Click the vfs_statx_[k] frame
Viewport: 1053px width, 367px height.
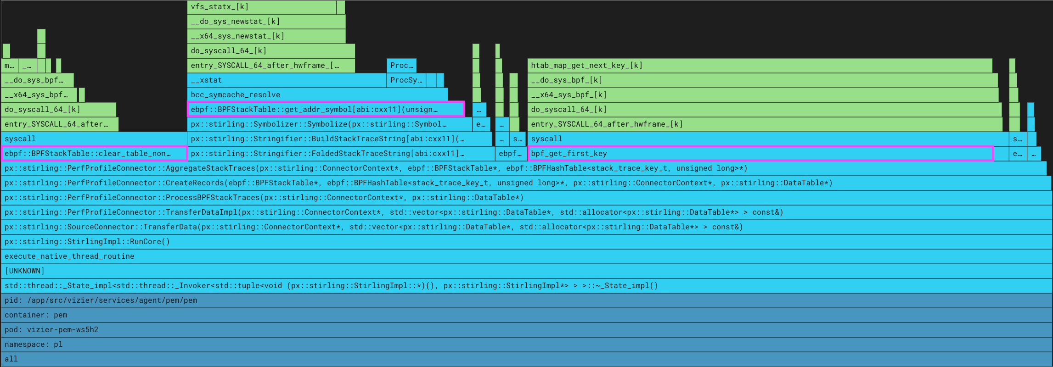pos(262,7)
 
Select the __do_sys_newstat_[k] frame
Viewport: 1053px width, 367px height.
pos(266,22)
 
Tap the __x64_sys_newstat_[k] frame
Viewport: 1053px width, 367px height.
pos(266,36)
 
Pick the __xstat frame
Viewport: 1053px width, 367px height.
pos(287,80)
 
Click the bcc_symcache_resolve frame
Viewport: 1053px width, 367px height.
pos(317,95)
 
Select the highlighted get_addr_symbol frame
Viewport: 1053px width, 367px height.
pos(326,109)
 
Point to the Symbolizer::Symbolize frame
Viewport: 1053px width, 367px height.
pos(329,124)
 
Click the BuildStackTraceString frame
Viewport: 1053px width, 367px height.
pos(339,139)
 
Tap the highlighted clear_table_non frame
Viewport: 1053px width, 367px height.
pos(94,154)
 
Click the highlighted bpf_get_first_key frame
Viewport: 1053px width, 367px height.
pos(760,154)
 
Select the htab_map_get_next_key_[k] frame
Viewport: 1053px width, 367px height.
pos(760,66)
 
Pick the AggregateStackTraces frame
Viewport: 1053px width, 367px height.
pos(524,168)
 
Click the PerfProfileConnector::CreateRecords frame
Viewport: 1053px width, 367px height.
pos(526,183)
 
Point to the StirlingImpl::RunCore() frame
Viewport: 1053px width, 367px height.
pos(526,242)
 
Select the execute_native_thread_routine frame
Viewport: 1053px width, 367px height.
pos(526,256)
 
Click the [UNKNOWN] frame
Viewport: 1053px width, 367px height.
pos(526,271)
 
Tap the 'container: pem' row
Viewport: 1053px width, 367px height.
pos(526,315)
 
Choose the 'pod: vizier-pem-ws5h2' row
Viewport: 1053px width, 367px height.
pos(526,330)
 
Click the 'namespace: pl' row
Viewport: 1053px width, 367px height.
pos(526,345)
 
